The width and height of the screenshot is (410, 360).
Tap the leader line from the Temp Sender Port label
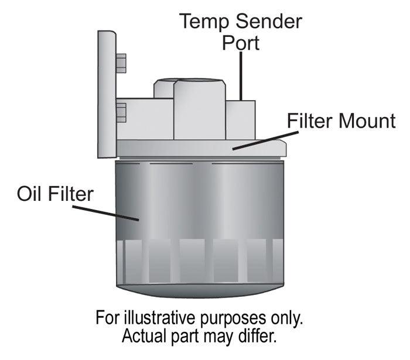click(241, 76)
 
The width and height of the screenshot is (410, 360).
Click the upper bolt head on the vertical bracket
click(121, 63)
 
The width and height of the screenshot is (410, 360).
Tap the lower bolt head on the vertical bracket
click(121, 112)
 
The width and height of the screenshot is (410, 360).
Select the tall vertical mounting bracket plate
click(106, 94)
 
